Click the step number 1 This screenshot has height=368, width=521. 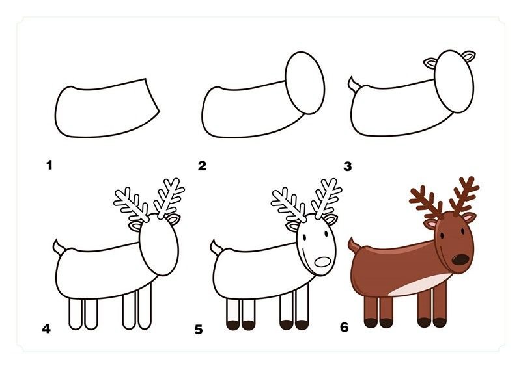(x=49, y=165)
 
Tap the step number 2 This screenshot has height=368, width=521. (x=202, y=166)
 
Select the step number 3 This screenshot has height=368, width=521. (x=348, y=166)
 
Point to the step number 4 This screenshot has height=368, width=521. (x=46, y=328)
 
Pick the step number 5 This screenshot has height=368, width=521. (x=199, y=330)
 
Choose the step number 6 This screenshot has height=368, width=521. (x=345, y=327)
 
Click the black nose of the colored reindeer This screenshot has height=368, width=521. (x=461, y=259)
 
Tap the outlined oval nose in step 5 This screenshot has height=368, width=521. (x=322, y=262)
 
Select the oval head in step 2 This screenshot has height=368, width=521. (x=305, y=83)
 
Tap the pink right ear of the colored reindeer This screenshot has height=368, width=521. (x=469, y=218)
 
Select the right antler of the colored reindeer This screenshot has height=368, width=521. (x=464, y=196)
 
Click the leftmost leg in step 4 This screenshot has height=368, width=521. (x=76, y=314)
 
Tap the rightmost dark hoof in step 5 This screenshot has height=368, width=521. (x=302, y=325)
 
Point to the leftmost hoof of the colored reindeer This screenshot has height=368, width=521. (x=371, y=323)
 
